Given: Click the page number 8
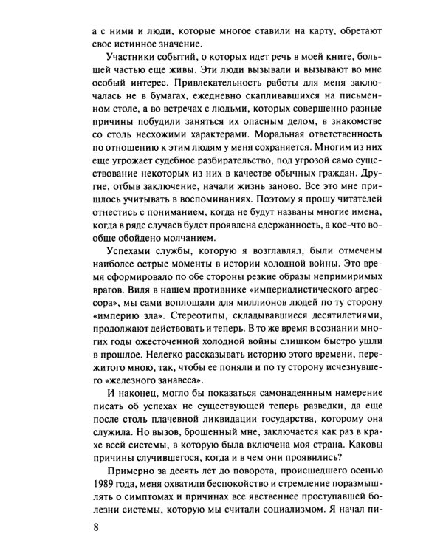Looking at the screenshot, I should (88, 527).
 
